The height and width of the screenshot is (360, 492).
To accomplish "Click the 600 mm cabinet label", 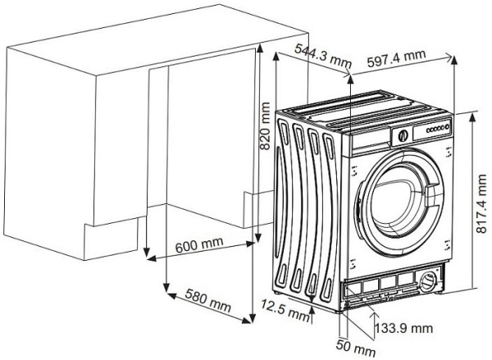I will click(198, 246).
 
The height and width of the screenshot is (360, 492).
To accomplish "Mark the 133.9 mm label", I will click(403, 328).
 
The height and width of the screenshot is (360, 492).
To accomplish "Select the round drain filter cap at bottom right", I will click(429, 284).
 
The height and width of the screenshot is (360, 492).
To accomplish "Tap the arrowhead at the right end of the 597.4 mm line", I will click(453, 58).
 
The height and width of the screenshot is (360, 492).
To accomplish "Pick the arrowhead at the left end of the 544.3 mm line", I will click(276, 52).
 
